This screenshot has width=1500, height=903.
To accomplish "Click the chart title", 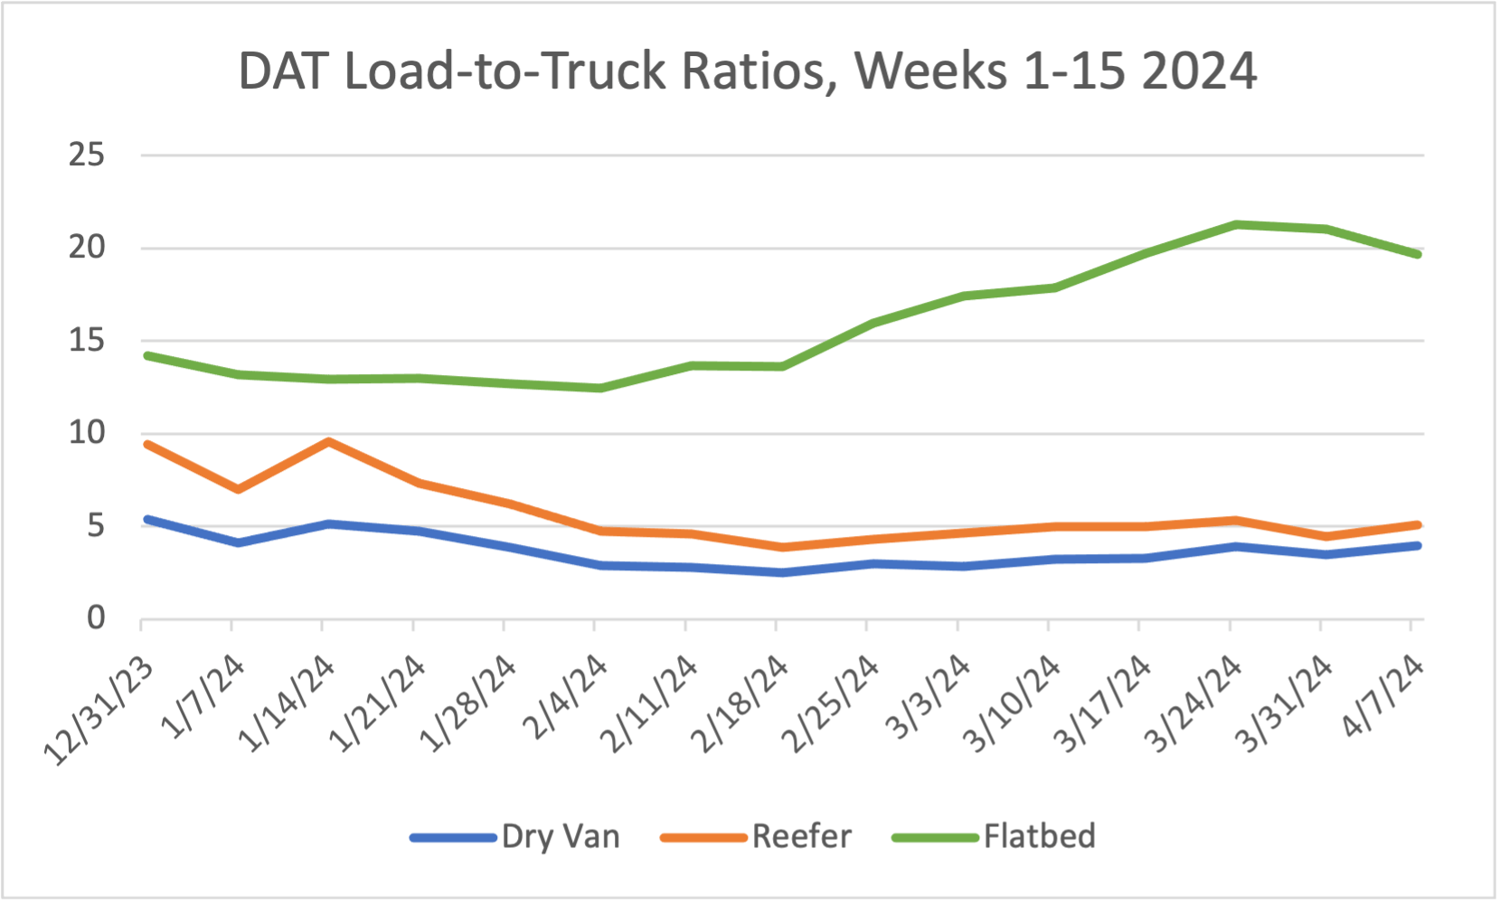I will (747, 71).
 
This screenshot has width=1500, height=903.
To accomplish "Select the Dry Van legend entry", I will (561, 836).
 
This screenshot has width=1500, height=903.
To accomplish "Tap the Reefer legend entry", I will (801, 836).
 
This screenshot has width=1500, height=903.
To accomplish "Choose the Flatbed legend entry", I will (1039, 836).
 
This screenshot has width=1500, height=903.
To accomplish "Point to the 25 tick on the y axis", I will (87, 155).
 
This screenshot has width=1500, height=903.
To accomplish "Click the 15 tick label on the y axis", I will (87, 341).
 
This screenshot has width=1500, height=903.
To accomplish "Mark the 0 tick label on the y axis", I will (96, 618).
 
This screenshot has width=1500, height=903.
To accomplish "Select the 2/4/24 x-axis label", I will (566, 697).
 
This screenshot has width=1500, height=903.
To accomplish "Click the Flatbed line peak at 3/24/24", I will (1235, 224).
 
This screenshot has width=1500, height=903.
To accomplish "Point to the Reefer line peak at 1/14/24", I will (328, 442).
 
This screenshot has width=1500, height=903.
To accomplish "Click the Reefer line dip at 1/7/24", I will (238, 489).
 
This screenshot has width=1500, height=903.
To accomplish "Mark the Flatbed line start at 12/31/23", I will (147, 355).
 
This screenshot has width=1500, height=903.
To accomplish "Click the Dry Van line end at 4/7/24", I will (1417, 546).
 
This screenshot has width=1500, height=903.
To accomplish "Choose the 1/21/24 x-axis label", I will (378, 704).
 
